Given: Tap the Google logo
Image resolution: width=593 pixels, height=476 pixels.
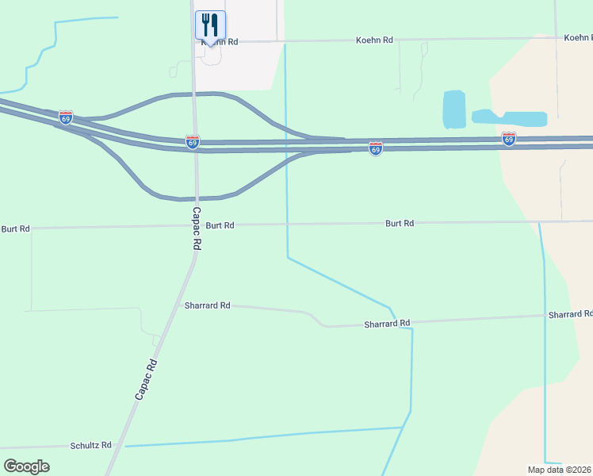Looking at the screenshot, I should point(26,466).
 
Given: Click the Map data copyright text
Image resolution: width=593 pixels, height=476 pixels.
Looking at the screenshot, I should point(560,470).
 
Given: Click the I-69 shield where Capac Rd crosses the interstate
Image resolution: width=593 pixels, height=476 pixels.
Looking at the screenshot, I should point(193,142).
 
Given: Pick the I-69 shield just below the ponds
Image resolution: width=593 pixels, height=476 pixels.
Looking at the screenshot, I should point(509,139).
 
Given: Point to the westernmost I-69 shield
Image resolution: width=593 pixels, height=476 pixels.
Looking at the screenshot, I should point(66,117).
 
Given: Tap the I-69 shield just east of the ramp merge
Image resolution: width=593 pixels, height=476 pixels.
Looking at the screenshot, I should point(376,148).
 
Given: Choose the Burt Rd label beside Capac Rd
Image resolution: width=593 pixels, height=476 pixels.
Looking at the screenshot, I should point(220,225).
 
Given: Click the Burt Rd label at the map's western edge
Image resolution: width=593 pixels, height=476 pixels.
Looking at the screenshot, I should point(15,228).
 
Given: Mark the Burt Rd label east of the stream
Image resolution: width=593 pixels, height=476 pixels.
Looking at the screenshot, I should point(400,224).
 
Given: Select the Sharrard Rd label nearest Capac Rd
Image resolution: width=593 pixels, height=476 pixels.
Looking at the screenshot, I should point(207,305).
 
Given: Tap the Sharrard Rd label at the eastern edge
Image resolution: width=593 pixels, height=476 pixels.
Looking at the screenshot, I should point(570,315).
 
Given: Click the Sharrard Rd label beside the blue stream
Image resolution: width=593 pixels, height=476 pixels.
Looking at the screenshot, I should point(387,324).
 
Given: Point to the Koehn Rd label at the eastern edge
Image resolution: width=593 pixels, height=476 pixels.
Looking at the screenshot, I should point(578,37).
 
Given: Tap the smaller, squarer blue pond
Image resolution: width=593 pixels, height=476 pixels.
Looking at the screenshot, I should point(453,109).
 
